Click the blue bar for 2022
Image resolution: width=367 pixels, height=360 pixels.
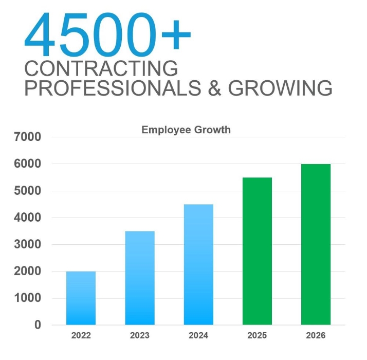(81, 298)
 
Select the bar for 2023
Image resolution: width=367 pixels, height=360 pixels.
(139, 278)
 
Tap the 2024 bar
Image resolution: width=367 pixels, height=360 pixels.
(198, 264)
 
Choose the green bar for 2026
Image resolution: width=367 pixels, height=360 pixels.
(316, 244)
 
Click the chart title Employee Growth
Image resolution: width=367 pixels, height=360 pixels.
(186, 130)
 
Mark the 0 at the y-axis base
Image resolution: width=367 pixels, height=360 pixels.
(38, 325)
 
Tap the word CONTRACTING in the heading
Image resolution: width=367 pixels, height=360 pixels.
(101, 68)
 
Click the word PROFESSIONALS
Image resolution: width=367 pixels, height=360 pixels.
(113, 88)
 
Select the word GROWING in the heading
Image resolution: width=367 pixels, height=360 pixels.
(280, 88)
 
